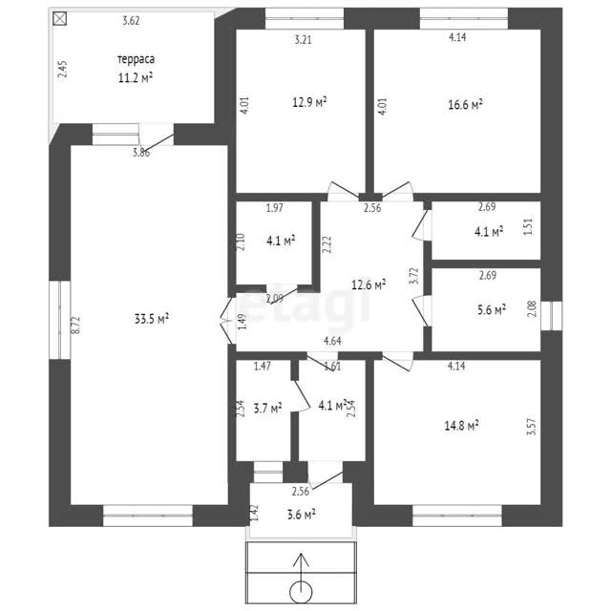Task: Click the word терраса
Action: point(136,59)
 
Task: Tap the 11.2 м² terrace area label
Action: point(136,77)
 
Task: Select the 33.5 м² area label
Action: point(151,319)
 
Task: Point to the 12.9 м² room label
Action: point(309,102)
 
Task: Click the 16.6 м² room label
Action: point(465,104)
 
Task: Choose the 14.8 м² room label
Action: point(461,425)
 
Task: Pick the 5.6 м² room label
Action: point(492,309)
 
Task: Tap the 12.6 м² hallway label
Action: point(369,284)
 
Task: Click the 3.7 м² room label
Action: point(267,409)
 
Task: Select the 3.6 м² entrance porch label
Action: point(302,515)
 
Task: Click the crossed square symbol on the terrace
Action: point(59,18)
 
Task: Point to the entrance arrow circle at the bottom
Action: point(301,592)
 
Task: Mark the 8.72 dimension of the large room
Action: point(75,325)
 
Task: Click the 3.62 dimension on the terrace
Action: point(131,20)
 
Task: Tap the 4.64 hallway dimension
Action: point(332,341)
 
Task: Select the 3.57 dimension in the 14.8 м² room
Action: point(531,427)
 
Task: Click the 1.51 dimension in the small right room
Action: point(528,227)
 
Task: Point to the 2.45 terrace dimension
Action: point(62,69)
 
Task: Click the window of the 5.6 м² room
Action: point(552,316)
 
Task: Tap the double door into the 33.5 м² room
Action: point(227,321)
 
